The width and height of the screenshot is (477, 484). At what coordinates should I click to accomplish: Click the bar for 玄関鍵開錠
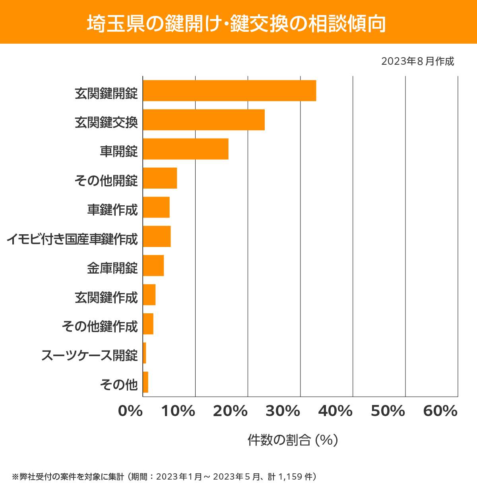(x=229, y=91)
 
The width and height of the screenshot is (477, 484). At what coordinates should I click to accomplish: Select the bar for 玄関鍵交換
(x=204, y=120)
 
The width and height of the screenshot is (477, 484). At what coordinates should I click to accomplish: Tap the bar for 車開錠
(x=186, y=149)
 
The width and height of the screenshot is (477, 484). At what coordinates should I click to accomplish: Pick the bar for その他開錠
(x=160, y=178)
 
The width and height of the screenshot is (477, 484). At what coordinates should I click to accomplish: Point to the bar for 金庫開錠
(x=153, y=265)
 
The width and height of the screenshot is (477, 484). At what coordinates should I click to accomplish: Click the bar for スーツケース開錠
(x=145, y=353)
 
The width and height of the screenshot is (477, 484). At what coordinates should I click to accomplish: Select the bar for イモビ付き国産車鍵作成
(x=157, y=236)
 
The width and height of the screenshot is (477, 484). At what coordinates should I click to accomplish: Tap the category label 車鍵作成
(x=112, y=210)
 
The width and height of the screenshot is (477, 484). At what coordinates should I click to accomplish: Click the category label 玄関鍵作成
(x=106, y=297)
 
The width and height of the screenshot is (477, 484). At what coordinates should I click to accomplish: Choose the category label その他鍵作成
(x=100, y=326)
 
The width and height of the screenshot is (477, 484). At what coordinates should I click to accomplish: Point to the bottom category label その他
(x=119, y=384)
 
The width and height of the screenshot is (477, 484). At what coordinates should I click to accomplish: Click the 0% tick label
(x=130, y=411)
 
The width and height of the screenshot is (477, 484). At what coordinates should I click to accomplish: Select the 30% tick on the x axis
(x=283, y=411)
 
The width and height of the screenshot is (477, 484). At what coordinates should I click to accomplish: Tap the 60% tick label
(x=440, y=411)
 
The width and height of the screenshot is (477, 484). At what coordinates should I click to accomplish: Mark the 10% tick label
(x=178, y=411)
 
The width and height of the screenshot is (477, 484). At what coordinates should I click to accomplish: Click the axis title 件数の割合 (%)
(x=293, y=440)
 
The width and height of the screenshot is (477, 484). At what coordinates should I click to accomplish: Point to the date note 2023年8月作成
(x=417, y=62)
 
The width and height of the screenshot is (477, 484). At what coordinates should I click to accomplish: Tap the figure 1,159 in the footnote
(x=291, y=476)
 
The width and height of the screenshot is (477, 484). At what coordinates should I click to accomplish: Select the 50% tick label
(x=388, y=411)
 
